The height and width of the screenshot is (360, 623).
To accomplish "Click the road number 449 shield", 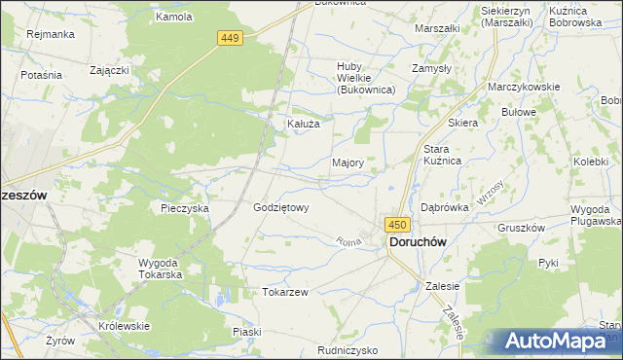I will (230, 37).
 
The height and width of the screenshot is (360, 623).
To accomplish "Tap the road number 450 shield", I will (397, 224).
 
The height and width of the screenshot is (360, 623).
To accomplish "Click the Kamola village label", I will (174, 18).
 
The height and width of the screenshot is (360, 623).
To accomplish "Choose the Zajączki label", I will (110, 71).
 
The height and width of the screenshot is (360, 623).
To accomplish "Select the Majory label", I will (348, 163).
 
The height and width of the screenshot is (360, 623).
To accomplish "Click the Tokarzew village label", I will (285, 292).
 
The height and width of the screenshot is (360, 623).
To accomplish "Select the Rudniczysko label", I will (348, 350).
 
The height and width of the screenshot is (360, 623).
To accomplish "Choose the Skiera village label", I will (462, 124).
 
